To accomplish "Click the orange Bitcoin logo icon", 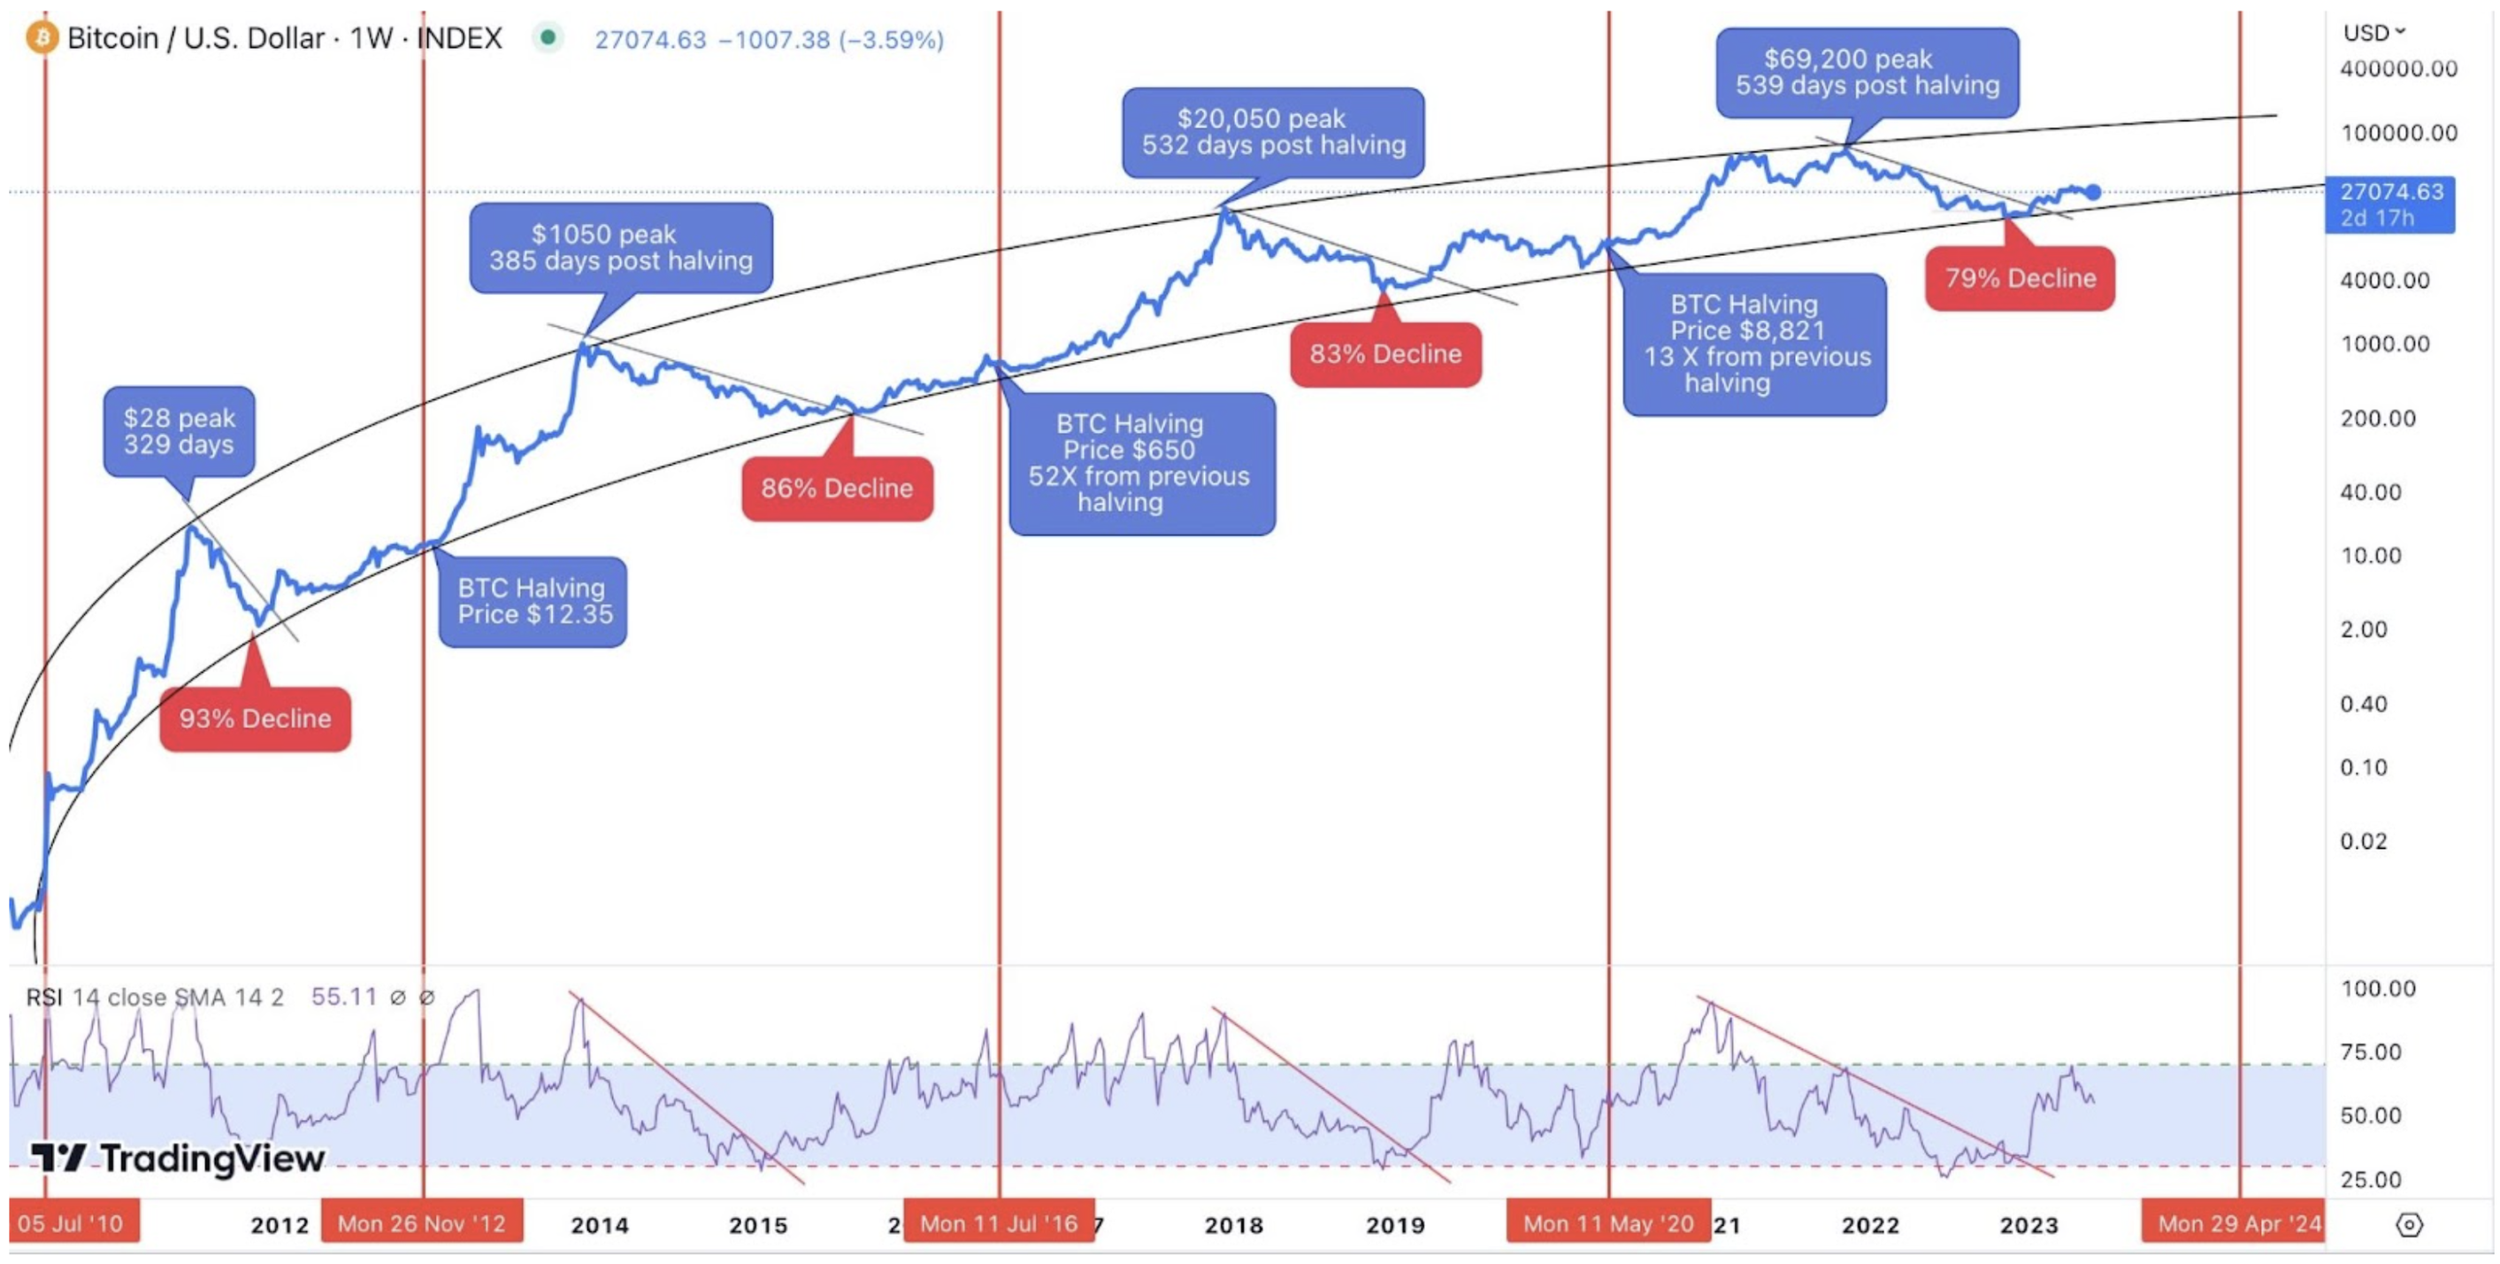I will point(42,38).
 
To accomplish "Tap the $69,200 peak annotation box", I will point(1867,73).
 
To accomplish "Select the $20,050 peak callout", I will point(1272,132).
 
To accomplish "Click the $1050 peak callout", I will point(620,248).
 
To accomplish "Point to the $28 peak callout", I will point(179,431).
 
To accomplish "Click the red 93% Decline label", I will point(254,719).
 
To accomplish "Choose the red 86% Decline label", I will point(837,489).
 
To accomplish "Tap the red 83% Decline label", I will point(1384,354).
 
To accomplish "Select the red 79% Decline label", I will point(2020,279).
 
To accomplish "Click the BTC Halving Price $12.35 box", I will point(533,601).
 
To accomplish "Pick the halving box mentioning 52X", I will point(1141,463).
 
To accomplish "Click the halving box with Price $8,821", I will point(1754,343).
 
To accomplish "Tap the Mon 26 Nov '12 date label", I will point(421,1223).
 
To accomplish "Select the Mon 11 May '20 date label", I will point(1607,1223).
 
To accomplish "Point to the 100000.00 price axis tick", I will point(2398,133).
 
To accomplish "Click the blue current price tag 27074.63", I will point(2389,204).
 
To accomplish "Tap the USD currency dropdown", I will point(2373,33).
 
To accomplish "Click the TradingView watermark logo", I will point(179,1157).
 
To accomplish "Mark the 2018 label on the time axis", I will point(1233,1225).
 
